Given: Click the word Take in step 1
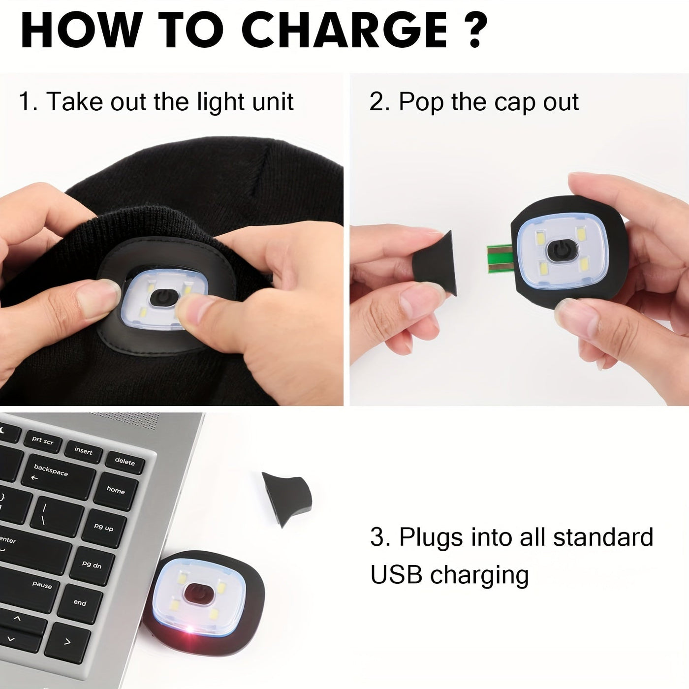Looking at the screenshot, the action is point(75,101).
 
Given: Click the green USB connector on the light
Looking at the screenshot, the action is point(500,259).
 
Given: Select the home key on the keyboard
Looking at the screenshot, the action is point(116,490).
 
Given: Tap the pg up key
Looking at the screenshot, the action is point(104,528).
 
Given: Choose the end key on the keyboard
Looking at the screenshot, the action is point(80,603).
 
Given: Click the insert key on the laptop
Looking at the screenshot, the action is point(83,451).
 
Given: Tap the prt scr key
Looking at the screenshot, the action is point(42,440).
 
